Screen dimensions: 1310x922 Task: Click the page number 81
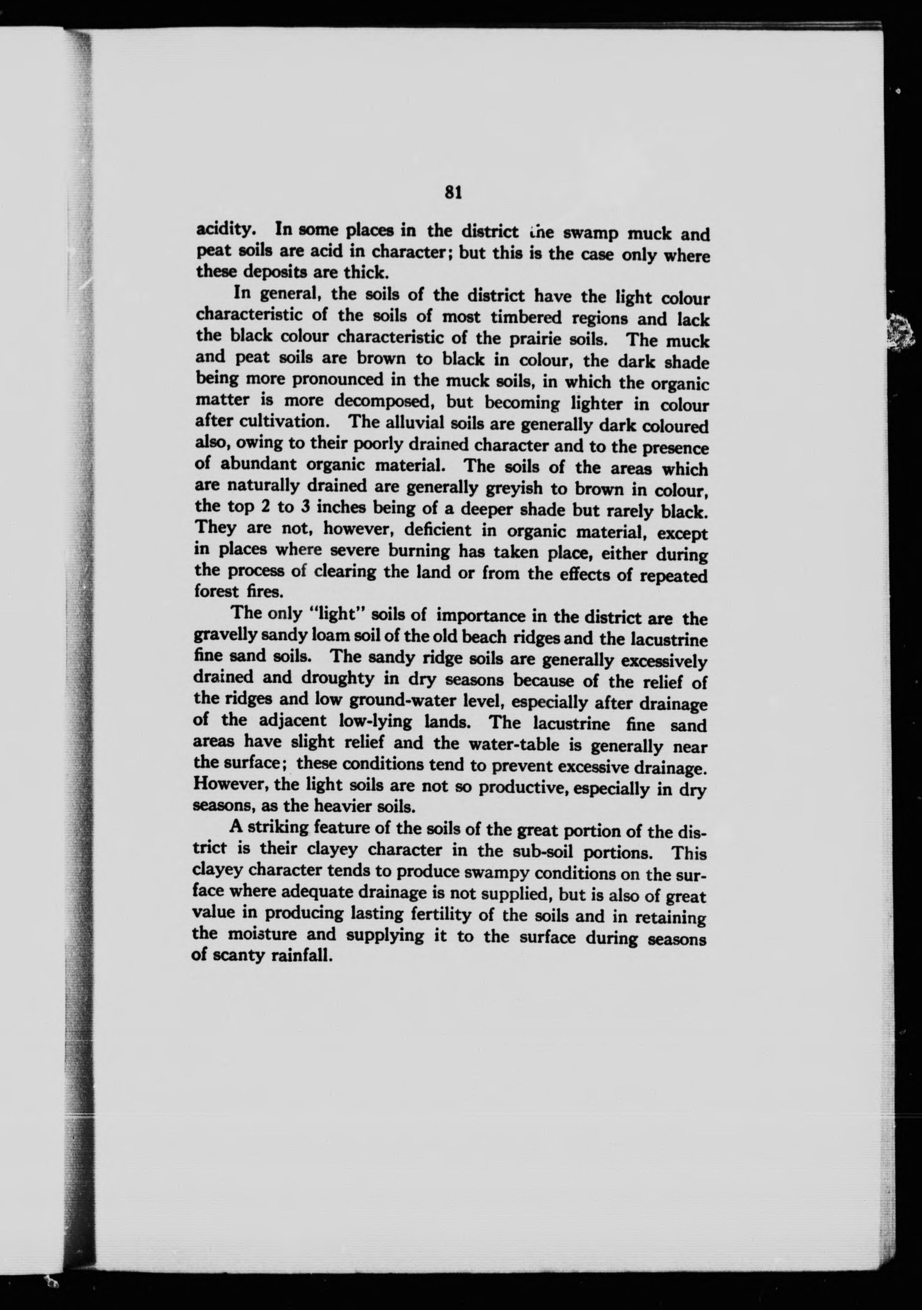[x=453, y=192]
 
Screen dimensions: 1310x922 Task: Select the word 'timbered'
[x=530, y=317]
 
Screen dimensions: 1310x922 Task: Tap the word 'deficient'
[x=438, y=530]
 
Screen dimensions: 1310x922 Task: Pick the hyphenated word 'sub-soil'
[x=541, y=850]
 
